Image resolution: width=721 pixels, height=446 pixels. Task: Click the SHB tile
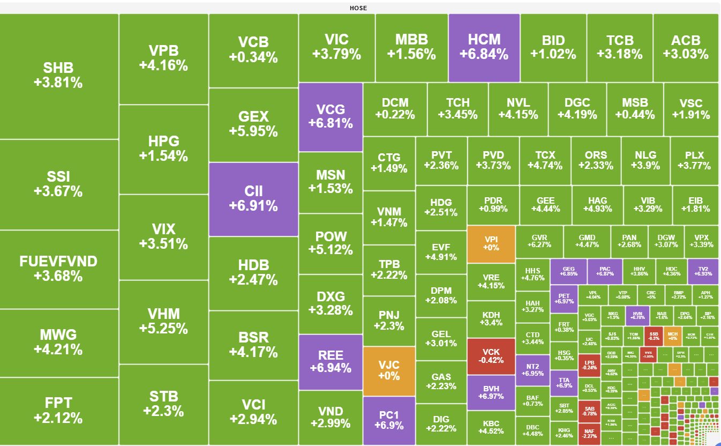pyautogui.click(x=59, y=76)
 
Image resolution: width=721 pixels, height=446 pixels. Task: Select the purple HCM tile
pyautogui.click(x=484, y=47)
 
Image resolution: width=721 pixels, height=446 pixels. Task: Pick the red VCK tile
pyautogui.click(x=491, y=356)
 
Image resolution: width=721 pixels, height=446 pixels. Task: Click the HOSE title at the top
pyautogui.click(x=358, y=8)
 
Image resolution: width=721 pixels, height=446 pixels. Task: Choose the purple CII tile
pyautogui.click(x=253, y=199)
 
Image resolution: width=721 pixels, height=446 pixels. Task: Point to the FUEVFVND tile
pyautogui.click(x=59, y=269)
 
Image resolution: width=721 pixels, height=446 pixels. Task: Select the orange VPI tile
pyautogui.click(x=491, y=243)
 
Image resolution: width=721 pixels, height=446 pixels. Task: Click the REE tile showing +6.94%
pyautogui.click(x=331, y=361)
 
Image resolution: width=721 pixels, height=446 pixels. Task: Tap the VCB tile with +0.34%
pyautogui.click(x=253, y=50)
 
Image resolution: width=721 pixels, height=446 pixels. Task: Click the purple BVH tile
pyautogui.click(x=491, y=392)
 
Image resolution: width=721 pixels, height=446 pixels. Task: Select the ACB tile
pyautogui.click(x=686, y=47)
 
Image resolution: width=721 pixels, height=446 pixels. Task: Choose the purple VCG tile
pyautogui.click(x=331, y=117)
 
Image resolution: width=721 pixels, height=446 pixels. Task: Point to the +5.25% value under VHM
pyautogui.click(x=163, y=329)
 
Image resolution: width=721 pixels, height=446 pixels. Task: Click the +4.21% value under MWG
pyautogui.click(x=59, y=350)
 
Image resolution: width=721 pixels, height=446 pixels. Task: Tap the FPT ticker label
pyautogui.click(x=59, y=403)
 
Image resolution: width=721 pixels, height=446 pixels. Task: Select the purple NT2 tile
pyautogui.click(x=532, y=369)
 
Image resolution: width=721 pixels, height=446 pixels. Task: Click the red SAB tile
pyautogui.click(x=589, y=410)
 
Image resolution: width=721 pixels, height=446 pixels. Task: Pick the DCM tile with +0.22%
pyautogui.click(x=395, y=109)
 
